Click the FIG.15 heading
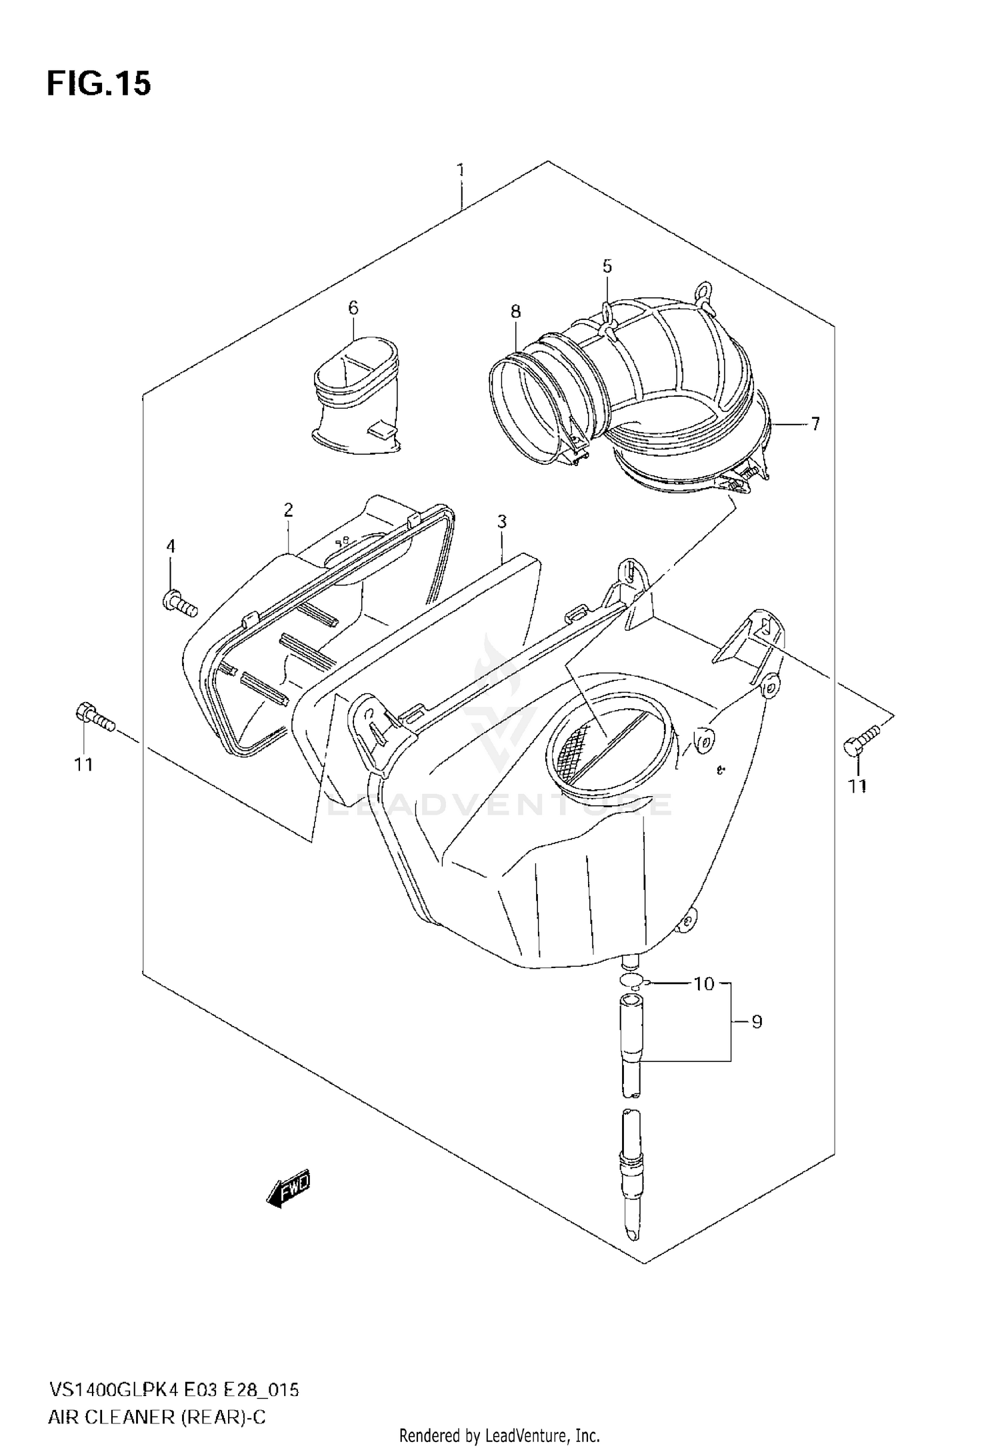coord(99,84)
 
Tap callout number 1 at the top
coord(460,171)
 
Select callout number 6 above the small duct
coord(353,307)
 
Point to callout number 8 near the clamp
coord(515,311)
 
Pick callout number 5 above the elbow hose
coord(607,266)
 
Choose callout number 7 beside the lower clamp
coord(815,423)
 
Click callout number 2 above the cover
coord(288,510)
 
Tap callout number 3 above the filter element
coord(501,522)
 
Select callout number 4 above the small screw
coord(171,547)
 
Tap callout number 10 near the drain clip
coord(704,983)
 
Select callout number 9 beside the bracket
coord(757,1021)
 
